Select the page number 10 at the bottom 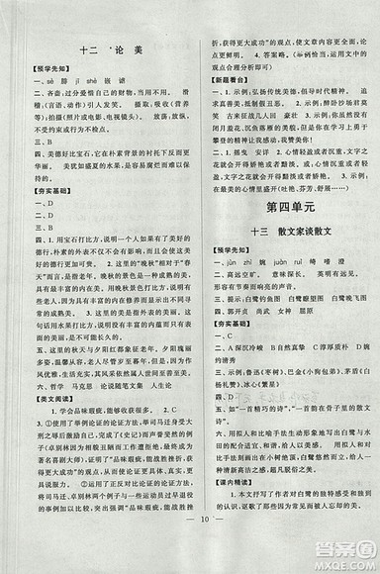[x=189, y=542]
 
